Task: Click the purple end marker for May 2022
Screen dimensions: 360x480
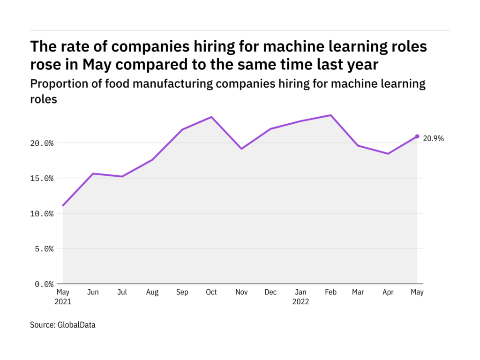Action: (x=417, y=136)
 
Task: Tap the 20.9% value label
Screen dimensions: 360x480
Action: (x=433, y=139)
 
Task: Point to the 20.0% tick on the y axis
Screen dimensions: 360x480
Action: (x=41, y=143)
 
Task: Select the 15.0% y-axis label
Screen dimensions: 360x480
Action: (x=41, y=178)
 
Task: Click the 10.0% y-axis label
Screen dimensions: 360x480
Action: (x=41, y=213)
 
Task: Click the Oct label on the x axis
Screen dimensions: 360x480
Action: (x=211, y=292)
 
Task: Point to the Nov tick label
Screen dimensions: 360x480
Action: (x=241, y=292)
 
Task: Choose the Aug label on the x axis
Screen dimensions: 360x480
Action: (x=152, y=292)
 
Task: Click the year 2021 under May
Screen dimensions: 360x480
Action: (x=63, y=302)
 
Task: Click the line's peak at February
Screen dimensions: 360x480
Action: (x=330, y=115)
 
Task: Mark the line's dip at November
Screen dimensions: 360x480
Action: (x=241, y=149)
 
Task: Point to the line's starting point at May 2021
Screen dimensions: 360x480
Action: (x=63, y=205)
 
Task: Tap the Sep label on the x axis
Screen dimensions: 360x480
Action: (x=182, y=292)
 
